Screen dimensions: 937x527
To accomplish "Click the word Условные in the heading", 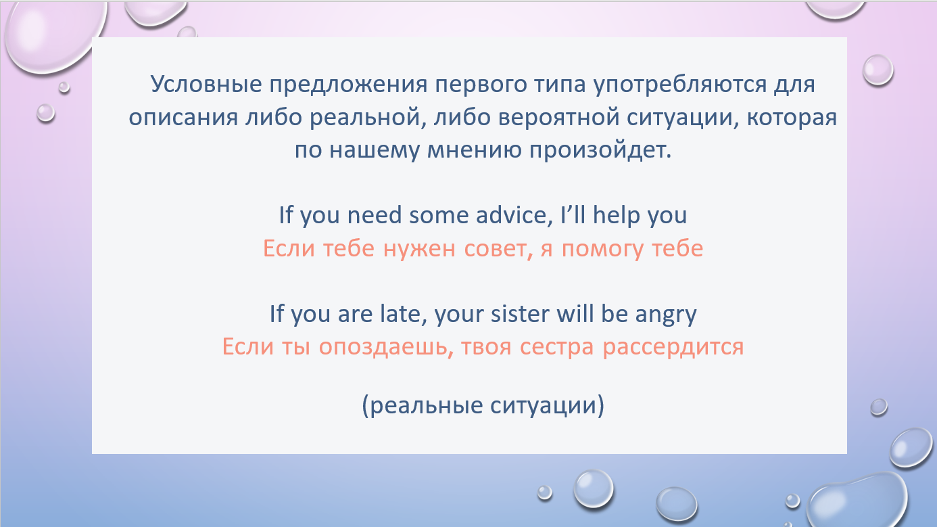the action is point(206,84).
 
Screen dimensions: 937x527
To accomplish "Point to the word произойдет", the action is point(600,151).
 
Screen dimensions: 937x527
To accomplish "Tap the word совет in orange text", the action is point(498,250).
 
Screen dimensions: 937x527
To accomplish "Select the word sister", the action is point(519,314).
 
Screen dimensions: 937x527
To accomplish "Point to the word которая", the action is point(792,118).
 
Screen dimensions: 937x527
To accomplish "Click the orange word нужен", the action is point(419,250).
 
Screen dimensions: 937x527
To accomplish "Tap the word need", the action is point(375,216).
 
